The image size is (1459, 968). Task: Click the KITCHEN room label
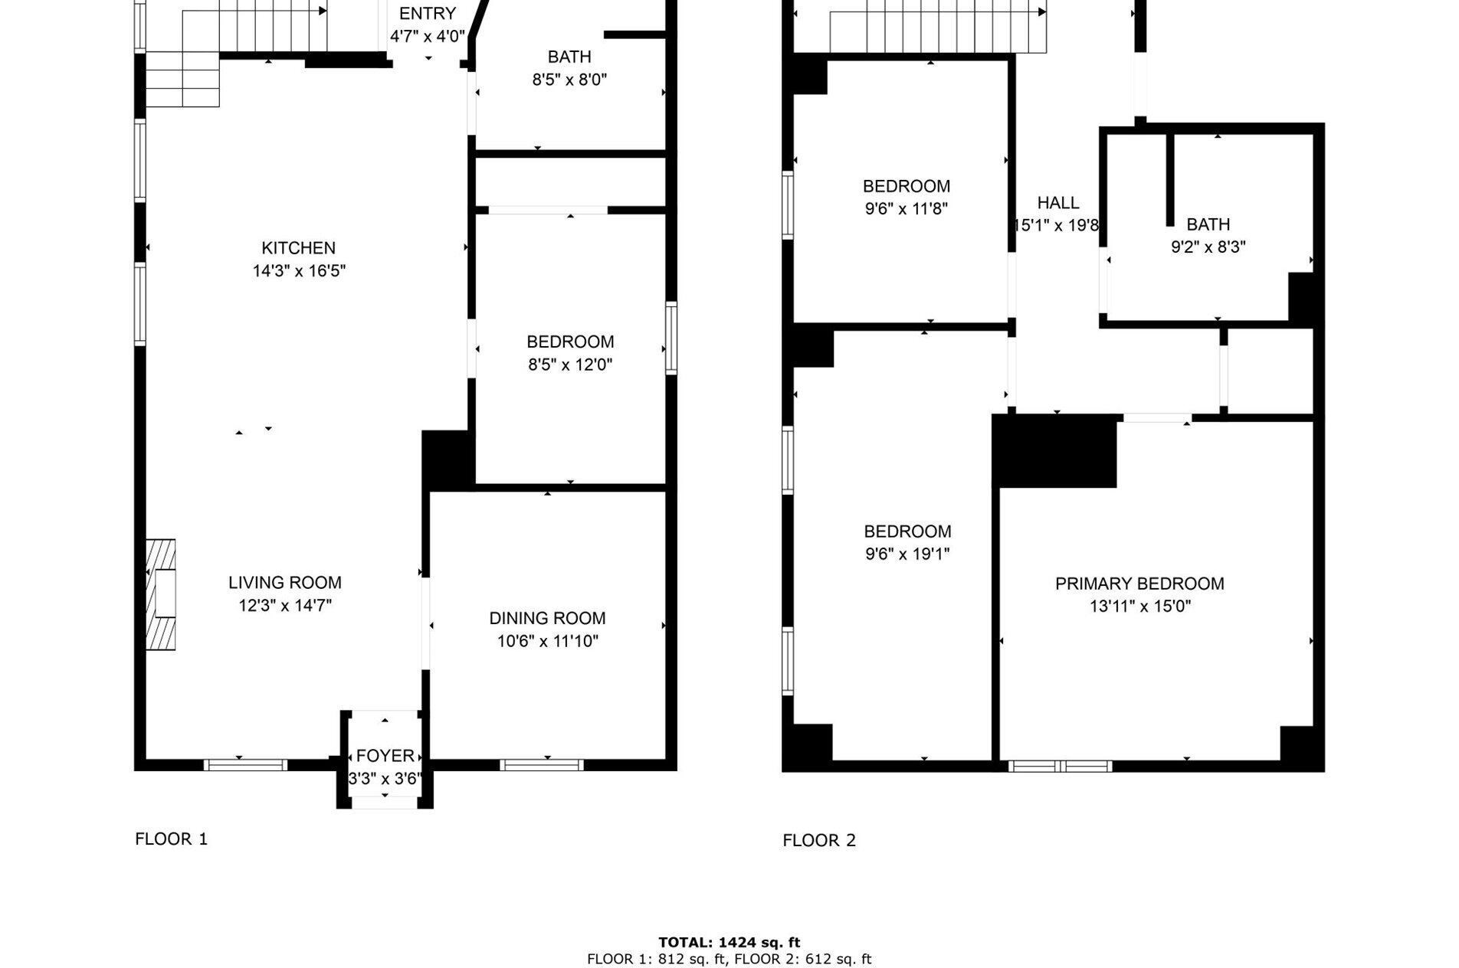tap(298, 248)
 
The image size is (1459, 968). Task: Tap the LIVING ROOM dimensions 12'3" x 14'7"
tap(285, 606)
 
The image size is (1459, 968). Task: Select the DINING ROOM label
tap(547, 618)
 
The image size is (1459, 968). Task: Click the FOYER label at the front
tap(385, 756)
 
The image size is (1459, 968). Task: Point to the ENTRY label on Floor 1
tap(427, 14)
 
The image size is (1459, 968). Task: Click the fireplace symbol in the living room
tap(162, 594)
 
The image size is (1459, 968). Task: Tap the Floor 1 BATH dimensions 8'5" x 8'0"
tap(569, 80)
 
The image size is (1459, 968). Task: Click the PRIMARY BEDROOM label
tap(1139, 584)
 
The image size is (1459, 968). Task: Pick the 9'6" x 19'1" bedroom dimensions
tap(907, 554)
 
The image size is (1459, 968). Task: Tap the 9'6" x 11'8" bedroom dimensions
tap(907, 208)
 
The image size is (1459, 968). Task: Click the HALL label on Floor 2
tap(1057, 203)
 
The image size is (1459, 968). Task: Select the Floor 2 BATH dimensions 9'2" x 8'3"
tap(1208, 247)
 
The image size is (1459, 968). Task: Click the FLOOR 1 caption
tap(172, 839)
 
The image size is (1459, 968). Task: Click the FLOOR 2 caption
tap(818, 840)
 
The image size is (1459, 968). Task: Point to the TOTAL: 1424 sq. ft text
tap(729, 943)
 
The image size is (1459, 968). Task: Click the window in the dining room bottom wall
tap(542, 764)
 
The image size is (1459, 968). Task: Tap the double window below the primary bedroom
tap(1061, 766)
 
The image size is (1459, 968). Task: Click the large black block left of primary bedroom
tap(1054, 451)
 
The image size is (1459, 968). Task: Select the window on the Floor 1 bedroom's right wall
tap(671, 338)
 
